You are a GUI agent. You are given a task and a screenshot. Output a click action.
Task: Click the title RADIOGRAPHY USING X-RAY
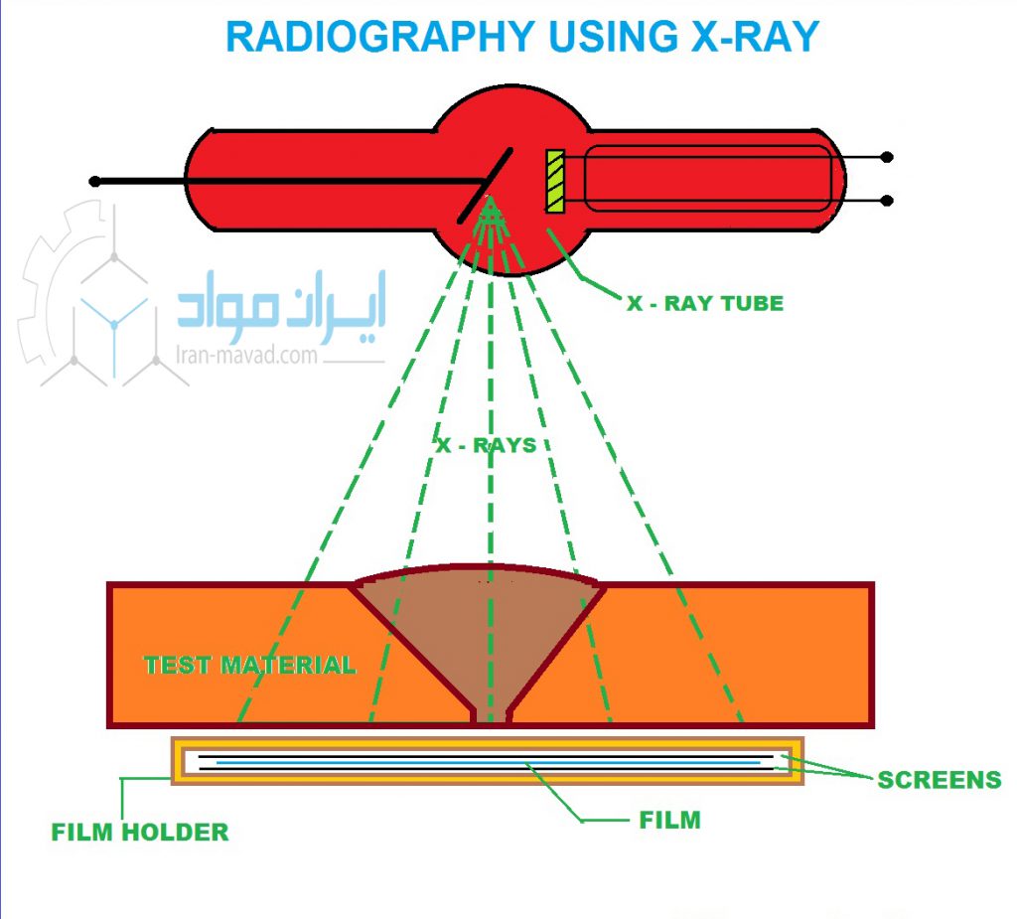(522, 37)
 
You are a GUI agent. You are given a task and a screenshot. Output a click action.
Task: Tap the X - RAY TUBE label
(705, 303)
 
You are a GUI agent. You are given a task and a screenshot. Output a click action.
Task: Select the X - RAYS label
(487, 445)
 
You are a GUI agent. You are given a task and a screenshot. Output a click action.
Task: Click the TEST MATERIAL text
(249, 666)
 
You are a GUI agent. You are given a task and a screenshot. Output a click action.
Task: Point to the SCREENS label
(940, 780)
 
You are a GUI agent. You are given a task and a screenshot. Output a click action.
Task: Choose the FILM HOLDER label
(140, 832)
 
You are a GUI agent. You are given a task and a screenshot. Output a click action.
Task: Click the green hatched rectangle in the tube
(555, 181)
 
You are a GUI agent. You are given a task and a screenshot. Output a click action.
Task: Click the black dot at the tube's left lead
(94, 181)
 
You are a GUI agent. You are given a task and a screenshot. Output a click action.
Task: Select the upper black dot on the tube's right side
(887, 157)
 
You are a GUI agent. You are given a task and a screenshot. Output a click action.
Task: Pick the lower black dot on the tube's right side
(887, 201)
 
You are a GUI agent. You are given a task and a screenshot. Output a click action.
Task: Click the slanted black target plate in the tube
(485, 186)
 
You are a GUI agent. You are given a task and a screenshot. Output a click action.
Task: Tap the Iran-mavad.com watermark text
(246, 355)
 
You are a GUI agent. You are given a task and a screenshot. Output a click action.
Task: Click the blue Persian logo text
(282, 306)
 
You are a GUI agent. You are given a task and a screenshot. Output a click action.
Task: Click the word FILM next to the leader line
(670, 820)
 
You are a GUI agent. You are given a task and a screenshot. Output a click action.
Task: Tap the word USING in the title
(613, 37)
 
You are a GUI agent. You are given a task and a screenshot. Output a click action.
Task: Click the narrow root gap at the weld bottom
(491, 716)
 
